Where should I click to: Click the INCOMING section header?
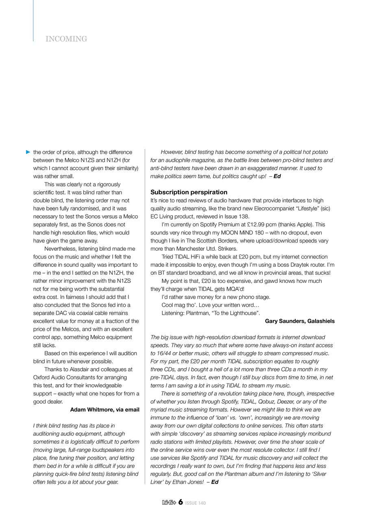click(x=66, y=39)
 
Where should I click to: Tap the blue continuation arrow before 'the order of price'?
click(x=28, y=152)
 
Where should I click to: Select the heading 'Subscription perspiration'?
click(x=189, y=192)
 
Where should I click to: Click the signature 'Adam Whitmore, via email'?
click(x=105, y=409)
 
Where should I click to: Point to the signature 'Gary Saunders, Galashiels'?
click(x=300, y=321)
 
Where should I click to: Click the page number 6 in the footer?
click(x=180, y=502)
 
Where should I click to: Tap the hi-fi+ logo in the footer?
click(x=169, y=503)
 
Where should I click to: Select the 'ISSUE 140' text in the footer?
click(x=196, y=503)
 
